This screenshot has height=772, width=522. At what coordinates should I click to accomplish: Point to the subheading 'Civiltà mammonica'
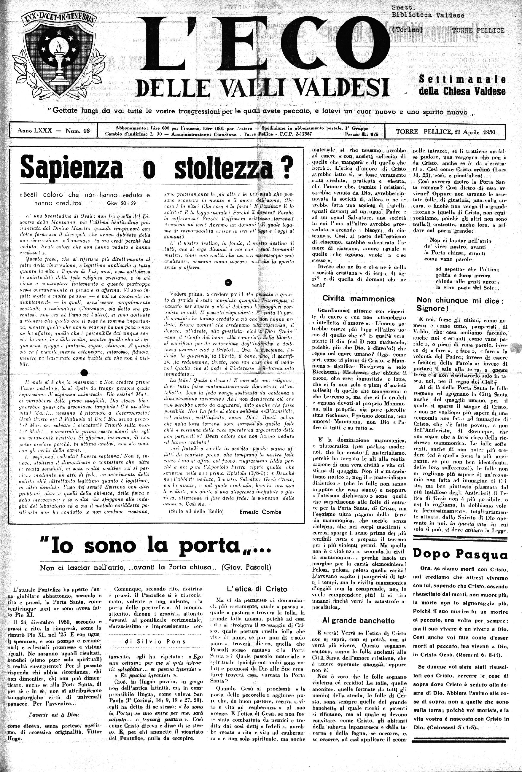[359, 299]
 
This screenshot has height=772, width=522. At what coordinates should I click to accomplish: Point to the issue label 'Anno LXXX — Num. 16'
[54, 131]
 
